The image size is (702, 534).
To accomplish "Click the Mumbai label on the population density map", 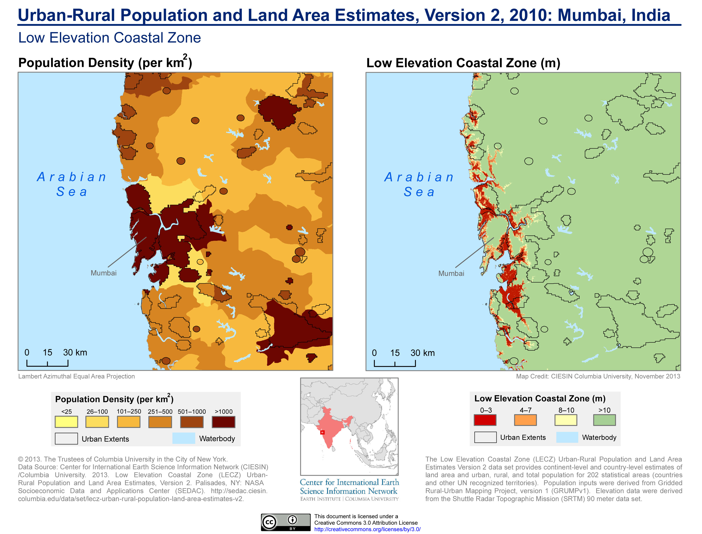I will (104, 273).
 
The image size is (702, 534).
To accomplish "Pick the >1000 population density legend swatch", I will (223, 422).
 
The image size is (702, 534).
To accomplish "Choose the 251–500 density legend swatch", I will (160, 422).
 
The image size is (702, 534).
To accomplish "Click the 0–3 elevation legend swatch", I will (485, 420).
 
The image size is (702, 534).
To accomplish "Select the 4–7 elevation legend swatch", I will (525, 420).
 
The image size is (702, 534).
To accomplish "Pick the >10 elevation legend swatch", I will (604, 420).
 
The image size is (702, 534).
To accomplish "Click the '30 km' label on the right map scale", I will (422, 353).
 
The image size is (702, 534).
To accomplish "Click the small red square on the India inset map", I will (322, 432).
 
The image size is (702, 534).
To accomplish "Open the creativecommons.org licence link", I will (367, 529).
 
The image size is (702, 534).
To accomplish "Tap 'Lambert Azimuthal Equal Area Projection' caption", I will (76, 376).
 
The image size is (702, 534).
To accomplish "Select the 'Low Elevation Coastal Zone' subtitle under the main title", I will (110, 38).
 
